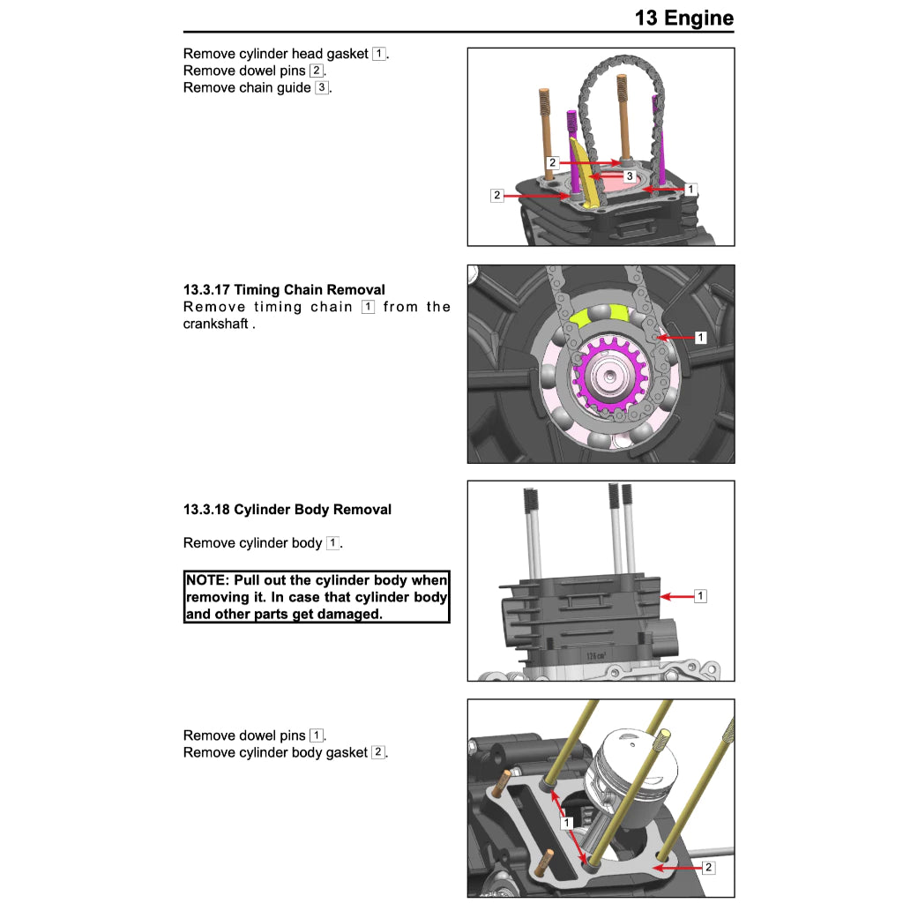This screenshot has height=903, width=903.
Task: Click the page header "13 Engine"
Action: point(683,18)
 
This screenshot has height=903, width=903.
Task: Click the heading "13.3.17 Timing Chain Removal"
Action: point(284,289)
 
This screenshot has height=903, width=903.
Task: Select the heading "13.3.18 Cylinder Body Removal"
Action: point(287,510)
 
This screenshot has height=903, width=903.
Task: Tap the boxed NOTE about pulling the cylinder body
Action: point(317,597)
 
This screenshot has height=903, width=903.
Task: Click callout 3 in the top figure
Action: point(629,176)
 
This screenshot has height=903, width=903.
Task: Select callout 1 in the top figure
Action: point(690,189)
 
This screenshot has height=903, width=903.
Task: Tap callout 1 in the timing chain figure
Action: point(700,337)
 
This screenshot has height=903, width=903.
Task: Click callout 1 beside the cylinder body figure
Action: point(700,596)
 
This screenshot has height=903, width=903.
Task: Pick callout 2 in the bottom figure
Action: point(708,868)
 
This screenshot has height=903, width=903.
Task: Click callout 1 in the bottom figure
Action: point(567,823)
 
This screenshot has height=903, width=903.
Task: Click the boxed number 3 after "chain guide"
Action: point(322,87)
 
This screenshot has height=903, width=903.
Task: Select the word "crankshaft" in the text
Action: point(217,324)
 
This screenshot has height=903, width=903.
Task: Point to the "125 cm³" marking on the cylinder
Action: point(595,656)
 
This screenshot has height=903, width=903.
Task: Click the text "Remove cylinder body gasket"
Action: point(275,752)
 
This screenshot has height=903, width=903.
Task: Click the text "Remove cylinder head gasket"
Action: point(276,54)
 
